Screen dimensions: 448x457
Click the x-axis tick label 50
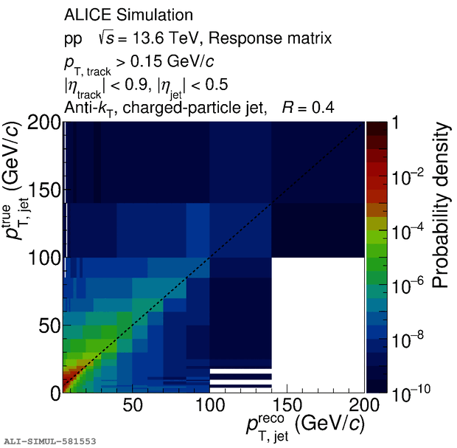point(133,407)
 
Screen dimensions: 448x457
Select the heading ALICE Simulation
point(129,15)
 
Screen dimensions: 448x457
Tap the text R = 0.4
point(308,108)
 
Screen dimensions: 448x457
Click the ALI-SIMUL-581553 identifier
point(49,441)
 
